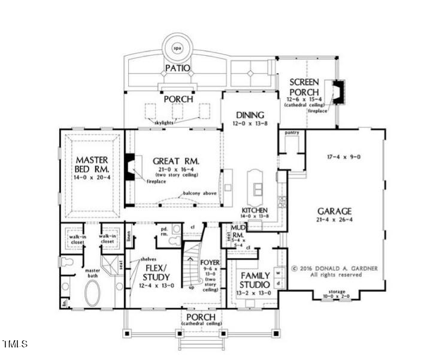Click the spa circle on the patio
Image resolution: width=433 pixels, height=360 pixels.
(177, 47)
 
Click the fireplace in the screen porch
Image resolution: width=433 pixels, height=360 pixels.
(339, 92)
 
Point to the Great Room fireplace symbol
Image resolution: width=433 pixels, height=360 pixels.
(129, 167)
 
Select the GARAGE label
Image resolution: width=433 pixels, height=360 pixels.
(335, 211)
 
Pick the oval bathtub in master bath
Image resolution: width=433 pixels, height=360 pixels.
(93, 294)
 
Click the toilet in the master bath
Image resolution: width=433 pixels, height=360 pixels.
(65, 262)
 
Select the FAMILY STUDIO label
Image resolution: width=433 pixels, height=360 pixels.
(255, 280)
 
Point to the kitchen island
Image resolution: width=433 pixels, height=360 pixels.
(258, 183)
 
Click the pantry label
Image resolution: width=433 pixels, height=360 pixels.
(292, 132)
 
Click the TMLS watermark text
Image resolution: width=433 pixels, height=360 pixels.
(15, 344)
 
